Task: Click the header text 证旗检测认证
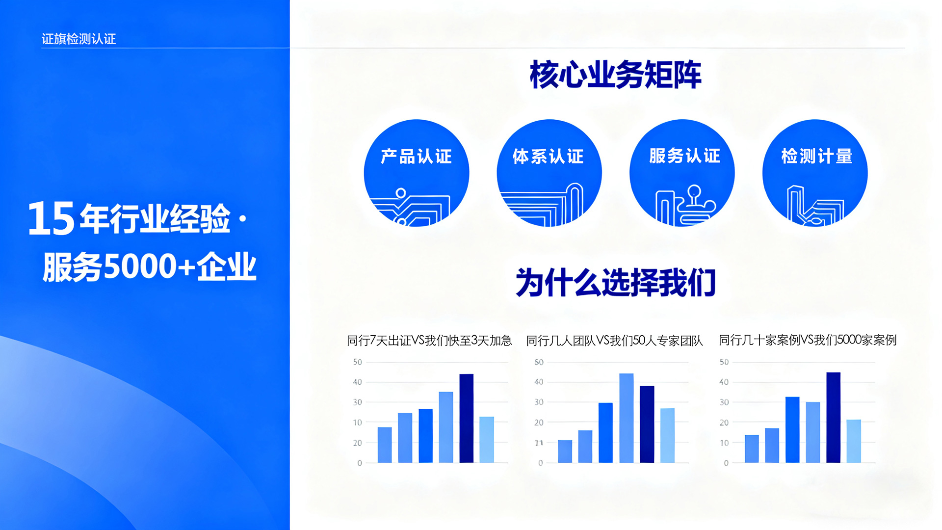pyautogui.click(x=78, y=39)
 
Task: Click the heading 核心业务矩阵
pyautogui.click(x=615, y=75)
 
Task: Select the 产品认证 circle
pyautogui.click(x=417, y=173)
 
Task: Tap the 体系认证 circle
pyautogui.click(x=549, y=173)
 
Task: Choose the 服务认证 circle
pyautogui.click(x=682, y=173)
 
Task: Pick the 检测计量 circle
pyautogui.click(x=815, y=173)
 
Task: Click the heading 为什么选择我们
pyautogui.click(x=615, y=282)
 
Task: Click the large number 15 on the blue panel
pyautogui.click(x=51, y=218)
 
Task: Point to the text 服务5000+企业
pyautogui.click(x=150, y=266)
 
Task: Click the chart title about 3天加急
pyautogui.click(x=429, y=340)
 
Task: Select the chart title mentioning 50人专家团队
pyautogui.click(x=615, y=341)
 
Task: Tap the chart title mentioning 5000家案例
pyautogui.click(x=808, y=340)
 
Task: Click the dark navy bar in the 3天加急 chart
pyautogui.click(x=467, y=418)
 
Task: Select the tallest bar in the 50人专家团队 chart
pyautogui.click(x=627, y=418)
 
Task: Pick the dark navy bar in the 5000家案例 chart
pyautogui.click(x=834, y=418)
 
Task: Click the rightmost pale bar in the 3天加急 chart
pyautogui.click(x=487, y=440)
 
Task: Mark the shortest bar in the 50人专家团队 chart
pyautogui.click(x=565, y=451)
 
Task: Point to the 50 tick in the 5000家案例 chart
pyautogui.click(x=724, y=362)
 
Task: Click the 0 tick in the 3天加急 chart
pyautogui.click(x=360, y=463)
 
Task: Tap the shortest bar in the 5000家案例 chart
pyautogui.click(x=752, y=449)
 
